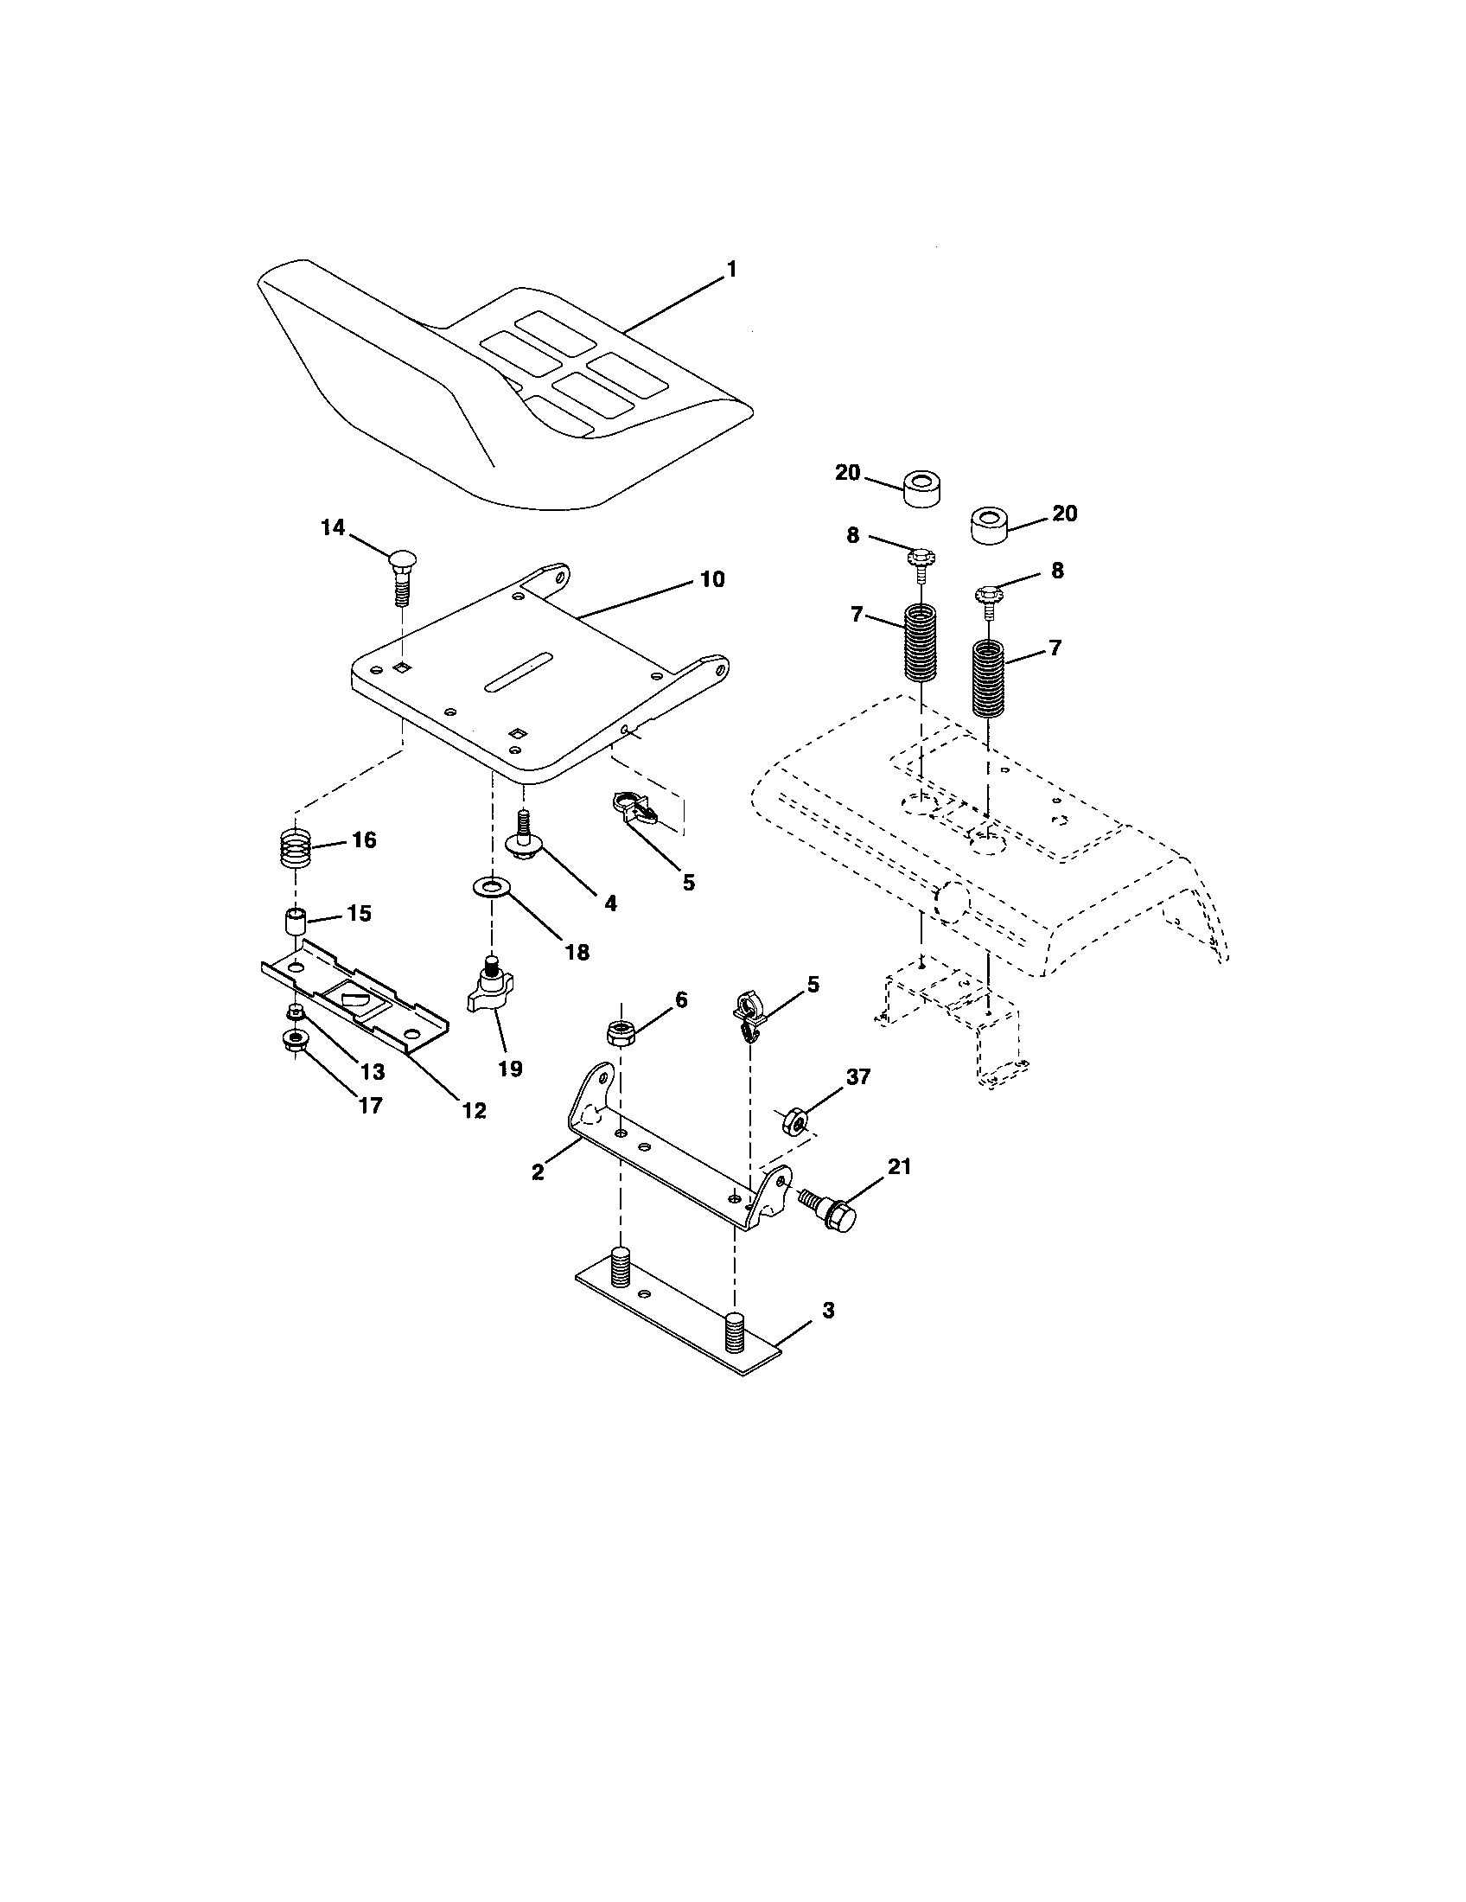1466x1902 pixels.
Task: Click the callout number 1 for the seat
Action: click(731, 270)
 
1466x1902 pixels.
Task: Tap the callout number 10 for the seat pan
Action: click(712, 579)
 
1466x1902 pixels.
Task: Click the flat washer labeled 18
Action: click(492, 887)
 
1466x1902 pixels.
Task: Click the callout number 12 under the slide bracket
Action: click(475, 1110)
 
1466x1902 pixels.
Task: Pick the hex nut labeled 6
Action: click(620, 1033)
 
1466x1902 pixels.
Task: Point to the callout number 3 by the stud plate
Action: click(828, 1334)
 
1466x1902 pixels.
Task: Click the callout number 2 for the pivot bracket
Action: click(538, 1172)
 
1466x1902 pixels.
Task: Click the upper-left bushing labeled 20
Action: click(925, 488)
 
